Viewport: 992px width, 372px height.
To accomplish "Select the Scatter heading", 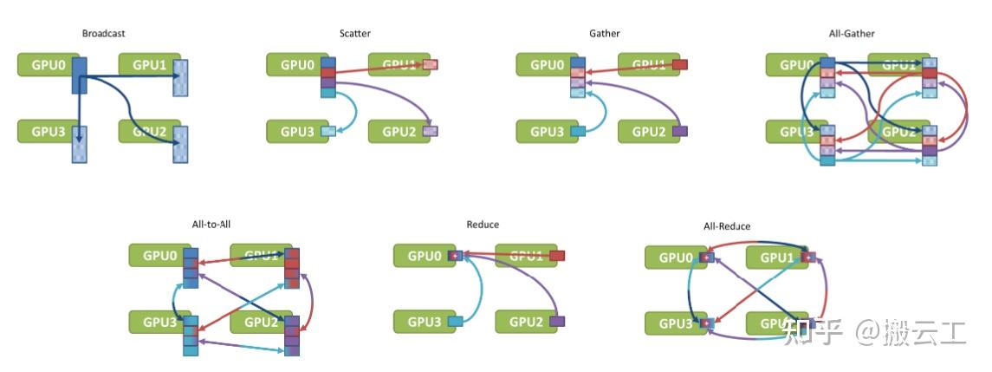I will click(354, 34).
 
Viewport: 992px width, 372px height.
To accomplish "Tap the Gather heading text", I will click(604, 34).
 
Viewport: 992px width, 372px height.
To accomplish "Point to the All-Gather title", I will click(852, 34).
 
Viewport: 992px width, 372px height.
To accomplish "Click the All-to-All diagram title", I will click(211, 224).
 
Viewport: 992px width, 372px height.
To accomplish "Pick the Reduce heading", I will click(483, 225).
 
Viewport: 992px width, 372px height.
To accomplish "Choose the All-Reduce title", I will click(727, 226).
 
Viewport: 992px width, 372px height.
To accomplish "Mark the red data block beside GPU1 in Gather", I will click(680, 64).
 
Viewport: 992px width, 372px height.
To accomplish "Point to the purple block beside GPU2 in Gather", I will click(680, 131).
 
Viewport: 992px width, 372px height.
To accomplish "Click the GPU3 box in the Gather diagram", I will click(546, 132).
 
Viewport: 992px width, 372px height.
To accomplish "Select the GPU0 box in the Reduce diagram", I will click(425, 256).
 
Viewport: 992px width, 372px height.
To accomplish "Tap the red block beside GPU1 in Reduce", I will click(557, 256).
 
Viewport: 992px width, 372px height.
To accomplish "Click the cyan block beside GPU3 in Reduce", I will click(456, 323).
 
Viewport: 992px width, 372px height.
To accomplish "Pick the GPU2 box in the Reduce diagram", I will click(525, 323).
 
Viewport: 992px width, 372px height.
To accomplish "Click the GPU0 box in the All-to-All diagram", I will click(159, 256).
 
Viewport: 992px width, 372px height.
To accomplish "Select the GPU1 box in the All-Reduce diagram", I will click(776, 258).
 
